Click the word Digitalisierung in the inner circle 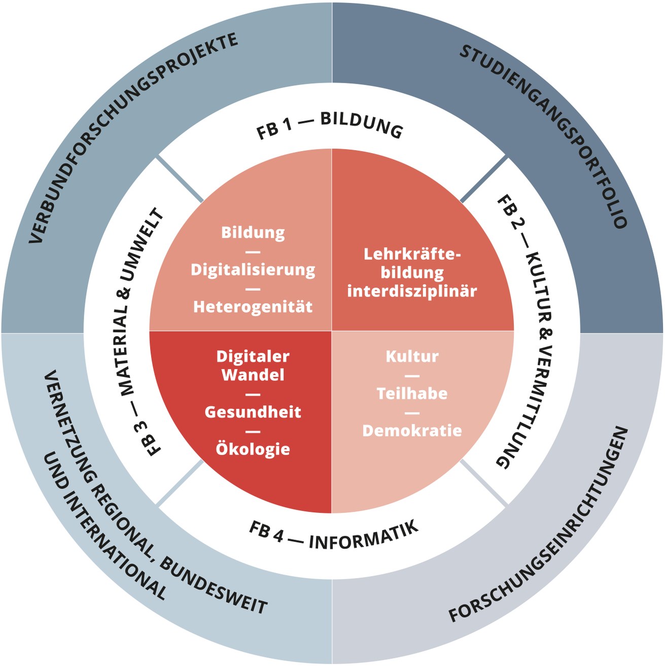click(253, 270)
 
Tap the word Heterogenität click(253, 307)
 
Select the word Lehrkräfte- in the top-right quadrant click(412, 254)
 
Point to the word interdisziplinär click(412, 291)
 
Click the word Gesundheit click(253, 412)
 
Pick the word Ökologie click(253, 449)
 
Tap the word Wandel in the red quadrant click(253, 375)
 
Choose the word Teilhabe click(412, 394)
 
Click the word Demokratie click(412, 431)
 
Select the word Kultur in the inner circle click(412, 356)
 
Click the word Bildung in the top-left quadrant click(253, 233)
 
